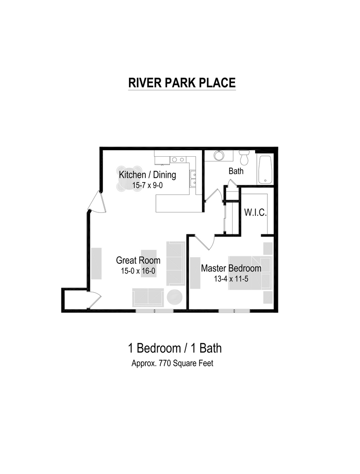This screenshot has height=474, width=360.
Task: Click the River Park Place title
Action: [x=182, y=83]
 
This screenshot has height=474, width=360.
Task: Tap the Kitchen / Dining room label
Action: [x=147, y=175]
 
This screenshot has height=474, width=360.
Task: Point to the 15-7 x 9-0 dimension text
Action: [x=148, y=185]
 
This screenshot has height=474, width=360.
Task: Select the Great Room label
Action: [x=138, y=260]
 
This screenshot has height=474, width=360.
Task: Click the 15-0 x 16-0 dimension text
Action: [x=138, y=271]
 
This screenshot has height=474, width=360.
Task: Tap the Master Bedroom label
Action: [x=231, y=268]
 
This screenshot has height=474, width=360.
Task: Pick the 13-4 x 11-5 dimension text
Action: [x=231, y=278]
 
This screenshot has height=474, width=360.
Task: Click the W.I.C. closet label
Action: [x=255, y=212]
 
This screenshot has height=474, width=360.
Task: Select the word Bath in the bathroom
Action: [x=236, y=171]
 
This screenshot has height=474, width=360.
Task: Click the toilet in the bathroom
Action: [x=244, y=158]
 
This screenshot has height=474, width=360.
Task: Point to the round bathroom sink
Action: [x=218, y=155]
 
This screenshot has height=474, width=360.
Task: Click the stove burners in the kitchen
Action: [x=178, y=159]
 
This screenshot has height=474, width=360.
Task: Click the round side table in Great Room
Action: [x=174, y=297]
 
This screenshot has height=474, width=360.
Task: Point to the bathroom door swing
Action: [x=214, y=196]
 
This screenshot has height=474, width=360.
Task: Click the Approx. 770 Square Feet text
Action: [x=172, y=363]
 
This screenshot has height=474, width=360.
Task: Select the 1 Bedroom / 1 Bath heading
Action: [x=175, y=348]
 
